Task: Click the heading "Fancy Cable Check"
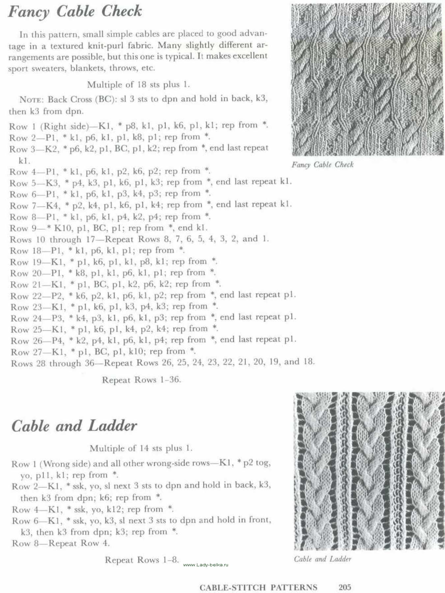coord(75,12)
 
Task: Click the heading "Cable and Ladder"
coord(74,426)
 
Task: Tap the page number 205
coord(345,587)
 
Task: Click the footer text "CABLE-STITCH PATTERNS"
coord(258,587)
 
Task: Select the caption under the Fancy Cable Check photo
coord(322,165)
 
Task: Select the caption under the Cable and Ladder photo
coord(322,559)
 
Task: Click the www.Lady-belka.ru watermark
coord(206,565)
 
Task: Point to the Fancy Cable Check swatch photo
coord(367,79)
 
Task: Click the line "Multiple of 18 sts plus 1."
coord(138,85)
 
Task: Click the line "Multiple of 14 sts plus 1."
coord(141,448)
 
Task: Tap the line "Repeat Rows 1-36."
coord(141,380)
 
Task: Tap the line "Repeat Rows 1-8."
coord(142,560)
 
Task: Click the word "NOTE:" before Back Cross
coord(32,99)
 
